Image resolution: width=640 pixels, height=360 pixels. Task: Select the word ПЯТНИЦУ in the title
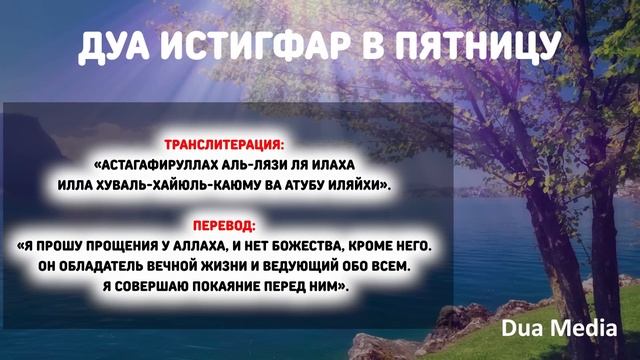click(x=475, y=45)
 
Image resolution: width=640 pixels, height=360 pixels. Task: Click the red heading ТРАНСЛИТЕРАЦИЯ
click(x=227, y=146)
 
